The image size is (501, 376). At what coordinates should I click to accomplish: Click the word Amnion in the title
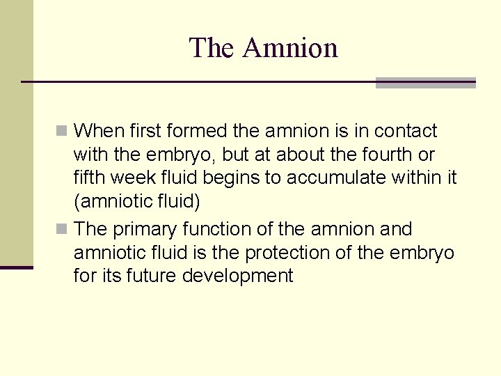click(291, 48)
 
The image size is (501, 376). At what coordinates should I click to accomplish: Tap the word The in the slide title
click(212, 48)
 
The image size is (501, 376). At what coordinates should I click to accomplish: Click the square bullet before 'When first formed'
click(63, 131)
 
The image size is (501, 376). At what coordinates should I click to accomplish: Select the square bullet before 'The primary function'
click(63, 229)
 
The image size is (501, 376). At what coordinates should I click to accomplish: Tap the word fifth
click(91, 178)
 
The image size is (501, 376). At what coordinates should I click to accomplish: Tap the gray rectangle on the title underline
click(425, 82)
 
